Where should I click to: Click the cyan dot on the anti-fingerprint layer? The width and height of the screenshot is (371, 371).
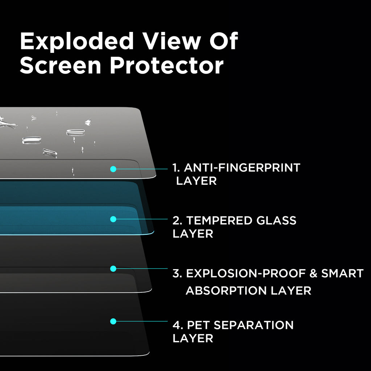point(113,169)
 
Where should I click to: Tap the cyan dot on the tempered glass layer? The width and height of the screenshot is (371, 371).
point(113,219)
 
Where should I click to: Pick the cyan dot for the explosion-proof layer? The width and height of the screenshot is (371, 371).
point(113,269)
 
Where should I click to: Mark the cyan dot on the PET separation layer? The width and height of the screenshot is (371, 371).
point(113,321)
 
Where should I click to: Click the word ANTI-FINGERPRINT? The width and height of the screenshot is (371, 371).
point(242,168)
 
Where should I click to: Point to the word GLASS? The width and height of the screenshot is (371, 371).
point(276,220)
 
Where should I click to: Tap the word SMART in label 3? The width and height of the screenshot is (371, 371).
point(342,274)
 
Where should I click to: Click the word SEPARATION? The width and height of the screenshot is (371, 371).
point(254,325)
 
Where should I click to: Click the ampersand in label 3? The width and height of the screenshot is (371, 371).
point(313,274)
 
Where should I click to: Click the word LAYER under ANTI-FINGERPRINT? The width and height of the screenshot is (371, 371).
point(196,181)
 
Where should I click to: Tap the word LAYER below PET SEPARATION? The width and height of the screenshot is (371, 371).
point(193,338)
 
